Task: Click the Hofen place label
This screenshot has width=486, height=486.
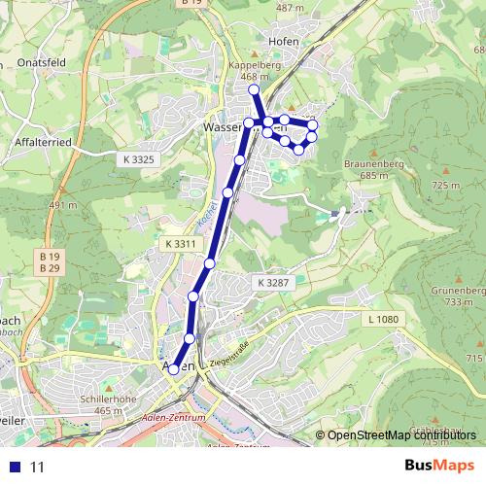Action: pos(283,42)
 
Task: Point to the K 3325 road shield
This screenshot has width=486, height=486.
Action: pos(139,158)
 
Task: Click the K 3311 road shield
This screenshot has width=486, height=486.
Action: pos(180,243)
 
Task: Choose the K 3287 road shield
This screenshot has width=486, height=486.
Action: pos(274,282)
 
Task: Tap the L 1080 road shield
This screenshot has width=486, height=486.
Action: pos(384,319)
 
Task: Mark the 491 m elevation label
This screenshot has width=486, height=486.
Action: pos(62,206)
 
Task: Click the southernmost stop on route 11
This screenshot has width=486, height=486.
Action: pos(174,369)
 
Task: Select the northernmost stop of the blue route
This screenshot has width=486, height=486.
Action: pos(255,90)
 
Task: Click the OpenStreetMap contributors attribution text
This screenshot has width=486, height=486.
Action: pos(399,435)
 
